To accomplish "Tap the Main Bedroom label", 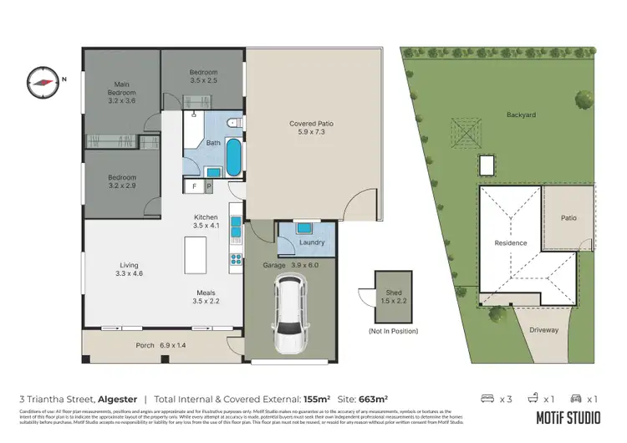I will click(x=121, y=91).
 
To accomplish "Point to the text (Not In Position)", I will click(x=386, y=332).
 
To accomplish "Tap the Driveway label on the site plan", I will click(x=543, y=330).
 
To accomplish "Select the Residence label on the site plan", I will click(x=510, y=243).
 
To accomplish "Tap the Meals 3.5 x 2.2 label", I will click(x=206, y=297).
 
